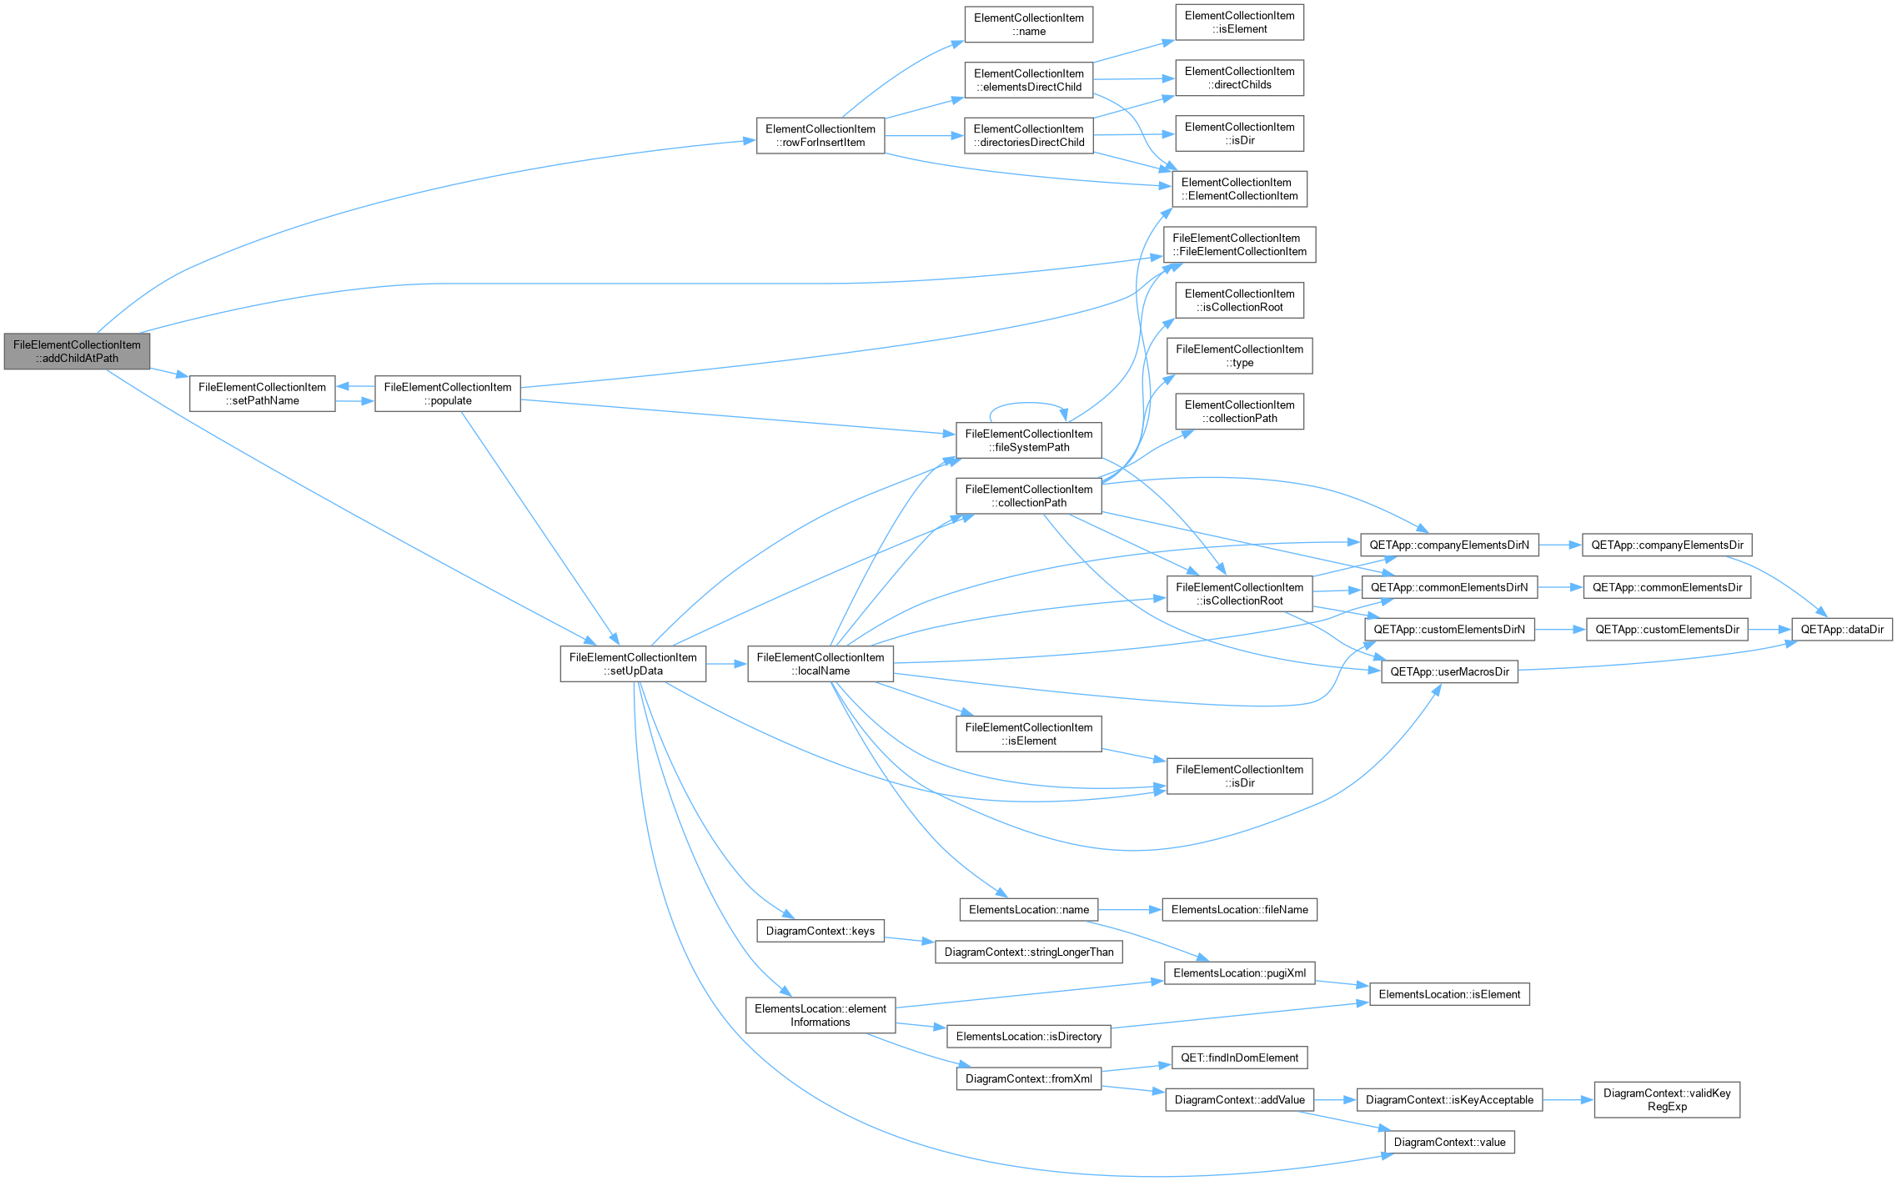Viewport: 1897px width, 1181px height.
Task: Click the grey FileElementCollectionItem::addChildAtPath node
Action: (77, 351)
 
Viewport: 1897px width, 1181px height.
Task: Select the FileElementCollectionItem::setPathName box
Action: (262, 394)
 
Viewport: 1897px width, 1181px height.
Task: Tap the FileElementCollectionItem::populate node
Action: (448, 394)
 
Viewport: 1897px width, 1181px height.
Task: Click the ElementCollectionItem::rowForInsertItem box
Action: (821, 136)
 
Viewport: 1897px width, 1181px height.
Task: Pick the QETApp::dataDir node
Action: (1842, 630)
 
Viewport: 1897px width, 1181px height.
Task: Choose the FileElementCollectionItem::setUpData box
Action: (633, 664)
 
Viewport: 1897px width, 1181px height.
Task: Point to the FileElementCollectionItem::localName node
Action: (821, 664)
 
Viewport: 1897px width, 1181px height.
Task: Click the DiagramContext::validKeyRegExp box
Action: (1667, 1100)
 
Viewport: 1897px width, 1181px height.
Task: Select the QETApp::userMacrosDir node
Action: (1449, 671)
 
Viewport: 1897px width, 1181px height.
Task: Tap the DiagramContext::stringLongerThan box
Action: (1029, 952)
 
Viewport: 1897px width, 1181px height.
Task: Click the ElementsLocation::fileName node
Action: (1240, 910)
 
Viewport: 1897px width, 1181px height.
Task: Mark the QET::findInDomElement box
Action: (1239, 1058)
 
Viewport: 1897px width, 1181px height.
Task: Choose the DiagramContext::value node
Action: (1449, 1143)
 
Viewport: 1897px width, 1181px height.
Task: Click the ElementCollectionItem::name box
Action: (1029, 24)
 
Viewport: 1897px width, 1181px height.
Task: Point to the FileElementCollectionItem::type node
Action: (1240, 356)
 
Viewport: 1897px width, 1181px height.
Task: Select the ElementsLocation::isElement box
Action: (1449, 994)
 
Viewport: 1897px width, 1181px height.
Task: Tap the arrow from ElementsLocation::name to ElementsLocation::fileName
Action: (1130, 910)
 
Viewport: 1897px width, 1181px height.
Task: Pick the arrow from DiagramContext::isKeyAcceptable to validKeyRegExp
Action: (1568, 1100)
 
